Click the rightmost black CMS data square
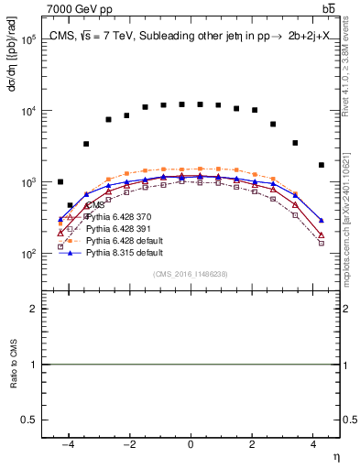click(x=321, y=165)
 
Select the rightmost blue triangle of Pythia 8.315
click(x=321, y=221)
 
